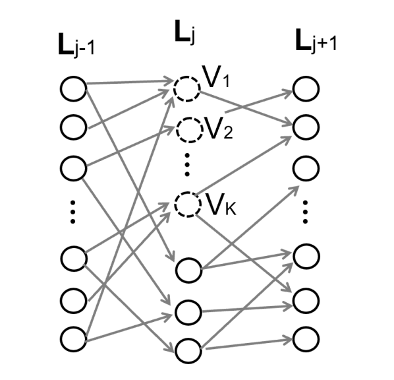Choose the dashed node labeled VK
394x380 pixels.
tap(186, 205)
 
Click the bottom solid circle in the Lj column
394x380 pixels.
tap(187, 348)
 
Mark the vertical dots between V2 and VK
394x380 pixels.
tap(187, 165)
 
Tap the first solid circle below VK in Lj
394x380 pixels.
tap(187, 270)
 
